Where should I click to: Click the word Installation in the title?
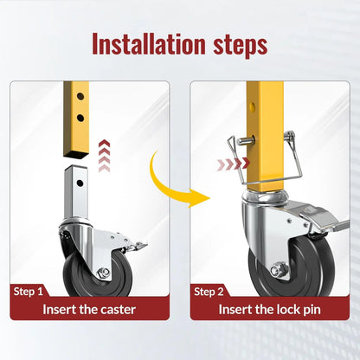149,44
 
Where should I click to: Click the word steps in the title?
241,46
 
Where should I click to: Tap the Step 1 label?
28,292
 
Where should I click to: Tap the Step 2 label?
209,292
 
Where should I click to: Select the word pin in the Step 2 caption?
311,311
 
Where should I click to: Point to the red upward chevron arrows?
104,156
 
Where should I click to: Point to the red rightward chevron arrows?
233,164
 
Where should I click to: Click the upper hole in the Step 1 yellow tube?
80,96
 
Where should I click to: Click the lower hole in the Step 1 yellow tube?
80,118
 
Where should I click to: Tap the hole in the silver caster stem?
80,183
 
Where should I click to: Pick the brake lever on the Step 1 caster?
137,247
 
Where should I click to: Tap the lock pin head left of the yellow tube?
241,141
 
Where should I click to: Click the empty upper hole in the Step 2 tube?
253,107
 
